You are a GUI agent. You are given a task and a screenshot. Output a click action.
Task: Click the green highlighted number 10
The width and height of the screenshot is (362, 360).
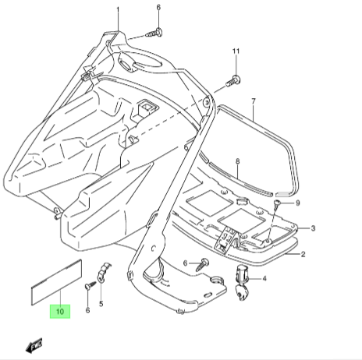point(60,311)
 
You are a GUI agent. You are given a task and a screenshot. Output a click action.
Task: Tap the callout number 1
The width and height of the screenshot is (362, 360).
point(118,10)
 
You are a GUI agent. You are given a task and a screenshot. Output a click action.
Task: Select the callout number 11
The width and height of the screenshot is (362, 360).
point(236,51)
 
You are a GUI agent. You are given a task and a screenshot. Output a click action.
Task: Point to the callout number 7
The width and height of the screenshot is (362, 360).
point(254,101)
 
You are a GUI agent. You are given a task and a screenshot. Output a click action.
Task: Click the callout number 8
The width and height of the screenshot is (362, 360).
point(237,161)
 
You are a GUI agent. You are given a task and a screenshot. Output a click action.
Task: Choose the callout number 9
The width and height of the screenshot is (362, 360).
point(298,203)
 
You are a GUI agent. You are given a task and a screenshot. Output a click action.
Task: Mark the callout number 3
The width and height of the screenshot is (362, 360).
point(313,228)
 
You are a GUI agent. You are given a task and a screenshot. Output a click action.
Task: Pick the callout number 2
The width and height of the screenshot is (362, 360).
point(303,254)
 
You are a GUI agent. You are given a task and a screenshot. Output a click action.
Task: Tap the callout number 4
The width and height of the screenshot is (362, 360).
point(264,279)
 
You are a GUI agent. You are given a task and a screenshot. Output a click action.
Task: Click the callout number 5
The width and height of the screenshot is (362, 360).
point(101,304)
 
